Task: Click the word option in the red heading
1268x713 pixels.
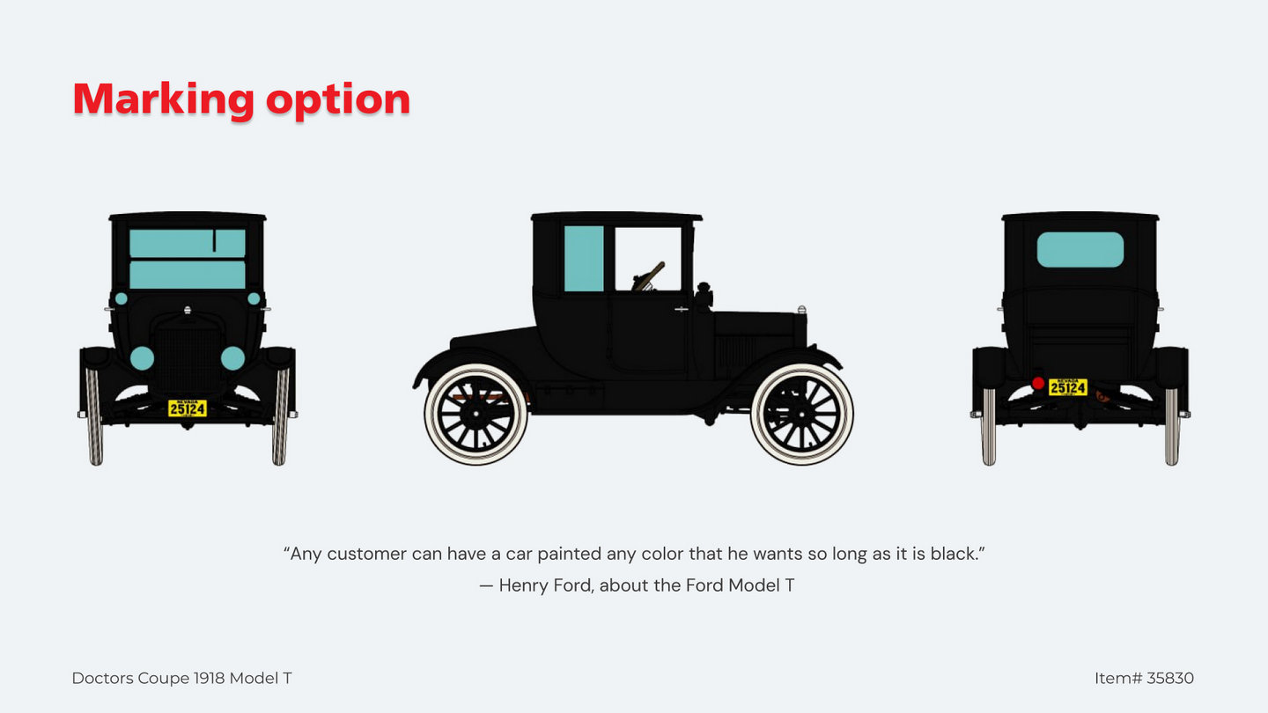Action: pos(338,100)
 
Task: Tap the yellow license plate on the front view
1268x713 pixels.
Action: pos(188,408)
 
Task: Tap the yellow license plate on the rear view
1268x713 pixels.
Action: pos(1067,387)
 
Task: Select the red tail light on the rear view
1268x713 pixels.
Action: pos(1038,383)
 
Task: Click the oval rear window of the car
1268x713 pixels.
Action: pos(1080,250)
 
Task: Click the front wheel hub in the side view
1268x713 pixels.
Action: pos(801,415)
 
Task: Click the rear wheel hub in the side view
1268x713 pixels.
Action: pos(475,415)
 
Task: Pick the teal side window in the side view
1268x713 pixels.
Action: pos(584,259)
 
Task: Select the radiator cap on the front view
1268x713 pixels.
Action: pos(188,311)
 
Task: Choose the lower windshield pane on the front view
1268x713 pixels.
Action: pos(188,275)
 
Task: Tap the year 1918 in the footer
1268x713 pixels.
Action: pos(210,678)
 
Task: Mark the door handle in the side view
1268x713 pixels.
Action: pos(682,310)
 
